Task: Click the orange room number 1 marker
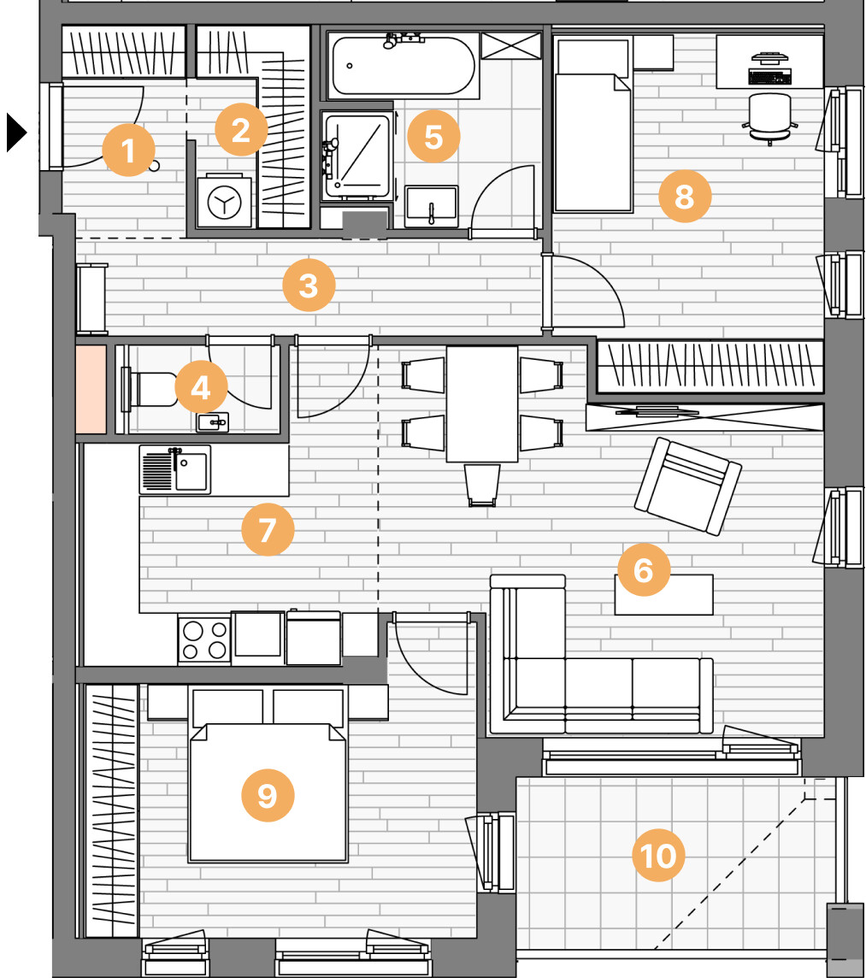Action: click(128, 150)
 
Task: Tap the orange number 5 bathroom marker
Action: click(433, 136)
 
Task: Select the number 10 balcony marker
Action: click(658, 855)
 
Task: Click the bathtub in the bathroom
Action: click(403, 66)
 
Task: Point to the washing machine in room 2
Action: click(224, 201)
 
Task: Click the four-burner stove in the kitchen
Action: click(204, 640)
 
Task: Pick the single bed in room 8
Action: click(592, 125)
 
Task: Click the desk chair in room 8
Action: click(769, 117)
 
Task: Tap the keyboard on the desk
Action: click(770, 77)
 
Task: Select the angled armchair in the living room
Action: click(687, 486)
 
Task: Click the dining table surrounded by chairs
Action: click(481, 404)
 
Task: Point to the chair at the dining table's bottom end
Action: click(482, 485)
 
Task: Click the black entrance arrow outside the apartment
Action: click(17, 133)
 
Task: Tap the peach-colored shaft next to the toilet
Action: click(91, 389)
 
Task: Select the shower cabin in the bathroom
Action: click(356, 156)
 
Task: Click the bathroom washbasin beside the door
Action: click(431, 206)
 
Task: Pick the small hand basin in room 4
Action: click(213, 422)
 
